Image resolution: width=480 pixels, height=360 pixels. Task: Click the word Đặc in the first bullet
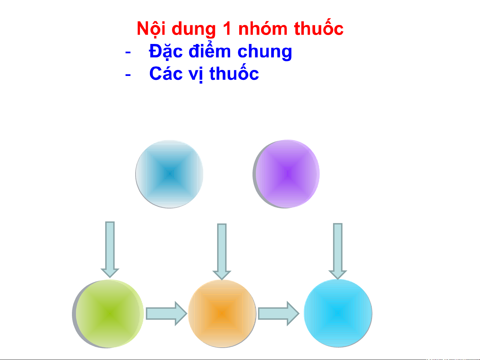(x=166, y=51)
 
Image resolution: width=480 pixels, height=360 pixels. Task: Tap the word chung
(x=264, y=52)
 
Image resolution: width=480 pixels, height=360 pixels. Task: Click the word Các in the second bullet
(x=166, y=73)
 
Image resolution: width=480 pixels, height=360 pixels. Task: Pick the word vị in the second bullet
(x=196, y=75)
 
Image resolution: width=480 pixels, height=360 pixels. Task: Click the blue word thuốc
(x=234, y=72)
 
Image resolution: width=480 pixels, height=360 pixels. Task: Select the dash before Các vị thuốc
(x=128, y=75)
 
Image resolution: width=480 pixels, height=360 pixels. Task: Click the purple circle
(x=286, y=174)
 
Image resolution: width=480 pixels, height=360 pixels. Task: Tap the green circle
(x=108, y=314)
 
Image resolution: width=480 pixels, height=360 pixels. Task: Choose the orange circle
(x=222, y=314)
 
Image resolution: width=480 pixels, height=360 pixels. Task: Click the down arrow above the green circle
(x=110, y=250)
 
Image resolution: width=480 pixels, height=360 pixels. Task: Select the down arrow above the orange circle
(x=222, y=251)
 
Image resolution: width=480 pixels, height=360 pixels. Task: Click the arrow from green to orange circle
(x=167, y=314)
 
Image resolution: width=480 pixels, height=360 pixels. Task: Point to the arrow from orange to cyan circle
(x=278, y=313)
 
